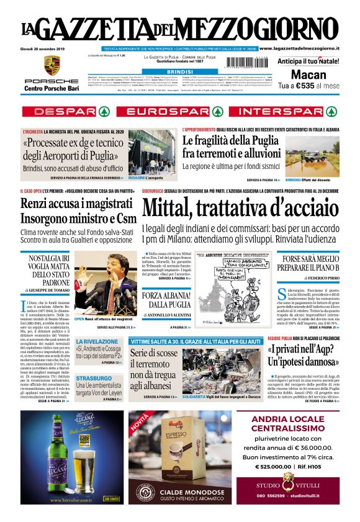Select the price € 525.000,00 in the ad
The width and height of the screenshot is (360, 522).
tap(278, 466)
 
